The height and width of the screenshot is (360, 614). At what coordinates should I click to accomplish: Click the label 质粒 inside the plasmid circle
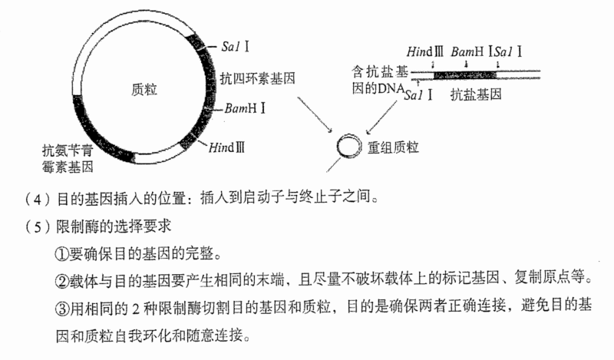[144, 90]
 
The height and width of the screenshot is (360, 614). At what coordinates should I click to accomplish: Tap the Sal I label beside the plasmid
[235, 47]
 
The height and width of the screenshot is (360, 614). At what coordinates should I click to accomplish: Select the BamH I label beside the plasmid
[246, 107]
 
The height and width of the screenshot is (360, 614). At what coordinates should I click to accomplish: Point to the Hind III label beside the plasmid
[226, 147]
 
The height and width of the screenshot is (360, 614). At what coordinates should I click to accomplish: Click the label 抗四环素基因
[257, 78]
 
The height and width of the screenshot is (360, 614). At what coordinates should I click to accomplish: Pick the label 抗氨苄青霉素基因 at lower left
[68, 158]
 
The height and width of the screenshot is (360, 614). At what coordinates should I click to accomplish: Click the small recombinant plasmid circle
[348, 147]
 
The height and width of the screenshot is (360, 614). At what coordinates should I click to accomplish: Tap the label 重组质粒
[393, 147]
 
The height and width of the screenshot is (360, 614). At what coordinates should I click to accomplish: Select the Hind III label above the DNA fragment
[425, 51]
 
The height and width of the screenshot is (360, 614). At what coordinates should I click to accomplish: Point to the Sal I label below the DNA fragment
[418, 95]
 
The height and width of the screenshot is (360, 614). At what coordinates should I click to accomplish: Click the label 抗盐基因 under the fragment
[476, 94]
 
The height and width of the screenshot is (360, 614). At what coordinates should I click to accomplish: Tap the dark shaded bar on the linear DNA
[465, 74]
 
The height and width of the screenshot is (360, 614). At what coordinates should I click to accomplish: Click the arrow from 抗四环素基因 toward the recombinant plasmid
[315, 114]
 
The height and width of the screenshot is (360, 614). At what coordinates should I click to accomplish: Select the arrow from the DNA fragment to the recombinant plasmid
[382, 117]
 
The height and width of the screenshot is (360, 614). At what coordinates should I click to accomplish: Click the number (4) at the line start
[38, 200]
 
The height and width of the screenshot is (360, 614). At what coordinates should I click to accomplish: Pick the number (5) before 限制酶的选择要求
[38, 226]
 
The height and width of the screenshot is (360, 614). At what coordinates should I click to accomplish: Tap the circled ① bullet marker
[62, 255]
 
